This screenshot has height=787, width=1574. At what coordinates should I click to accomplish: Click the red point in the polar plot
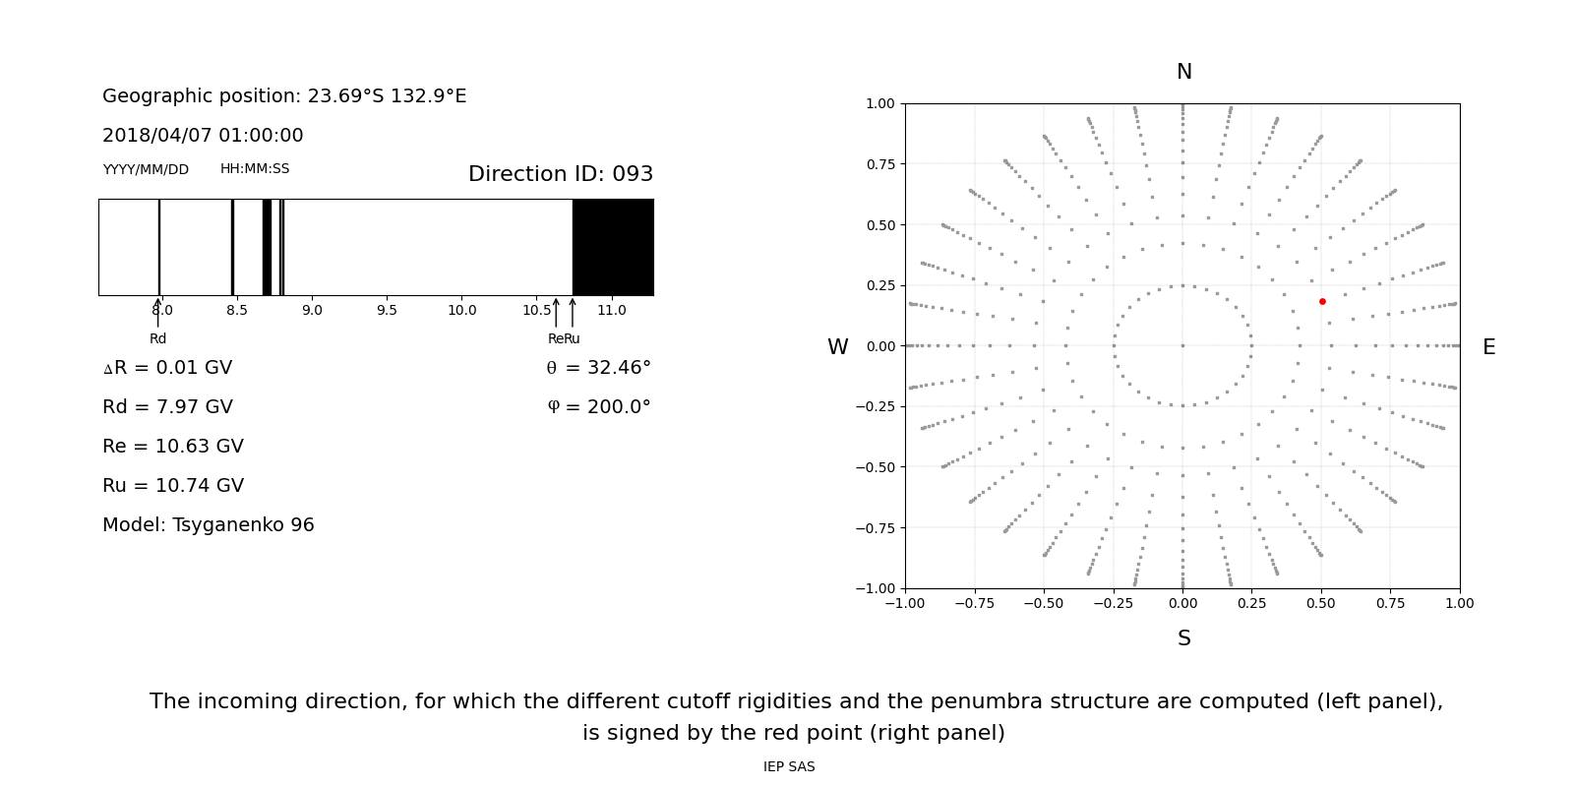click(x=1322, y=301)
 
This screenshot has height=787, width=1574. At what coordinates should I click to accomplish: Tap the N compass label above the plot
click(x=1183, y=72)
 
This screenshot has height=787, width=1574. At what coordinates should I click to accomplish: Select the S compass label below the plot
click(x=1183, y=638)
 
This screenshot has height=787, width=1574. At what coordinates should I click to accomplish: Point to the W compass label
click(x=837, y=347)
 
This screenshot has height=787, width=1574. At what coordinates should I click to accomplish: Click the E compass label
click(x=1488, y=347)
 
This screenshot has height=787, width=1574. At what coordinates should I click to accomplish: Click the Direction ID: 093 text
click(x=560, y=174)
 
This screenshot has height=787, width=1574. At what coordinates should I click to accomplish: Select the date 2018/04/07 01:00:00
click(x=203, y=136)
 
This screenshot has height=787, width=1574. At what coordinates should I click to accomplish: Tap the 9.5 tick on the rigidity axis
click(x=387, y=310)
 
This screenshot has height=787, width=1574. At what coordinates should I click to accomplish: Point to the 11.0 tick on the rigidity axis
click(x=611, y=310)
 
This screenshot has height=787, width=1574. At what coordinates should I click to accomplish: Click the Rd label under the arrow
click(x=157, y=338)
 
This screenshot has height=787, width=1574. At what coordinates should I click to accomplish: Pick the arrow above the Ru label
click(x=573, y=313)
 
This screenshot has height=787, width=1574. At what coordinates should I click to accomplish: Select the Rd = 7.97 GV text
click(x=167, y=407)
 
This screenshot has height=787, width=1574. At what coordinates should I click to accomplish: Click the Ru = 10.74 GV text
click(x=173, y=486)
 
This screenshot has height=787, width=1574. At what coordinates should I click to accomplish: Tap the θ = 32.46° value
click(x=598, y=368)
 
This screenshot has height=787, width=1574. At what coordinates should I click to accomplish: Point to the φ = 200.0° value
click(x=598, y=407)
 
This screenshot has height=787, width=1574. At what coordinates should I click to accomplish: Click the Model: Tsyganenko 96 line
click(x=209, y=525)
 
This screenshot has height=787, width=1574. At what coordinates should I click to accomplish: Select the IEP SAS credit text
click(x=789, y=766)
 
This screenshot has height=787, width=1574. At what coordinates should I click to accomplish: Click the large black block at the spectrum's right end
click(x=613, y=247)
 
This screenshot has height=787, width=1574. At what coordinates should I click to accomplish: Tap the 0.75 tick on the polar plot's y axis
click(x=879, y=164)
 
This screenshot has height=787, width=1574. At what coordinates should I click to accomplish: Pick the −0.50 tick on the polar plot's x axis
click(x=1043, y=603)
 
